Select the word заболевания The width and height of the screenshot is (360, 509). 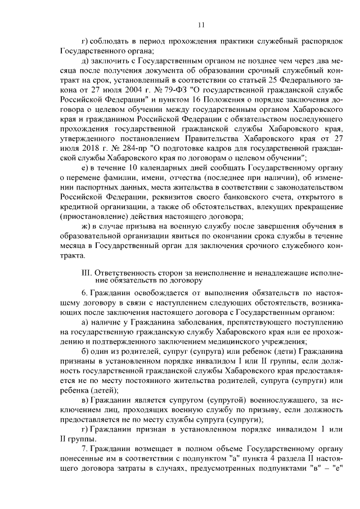(x=188, y=321)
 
